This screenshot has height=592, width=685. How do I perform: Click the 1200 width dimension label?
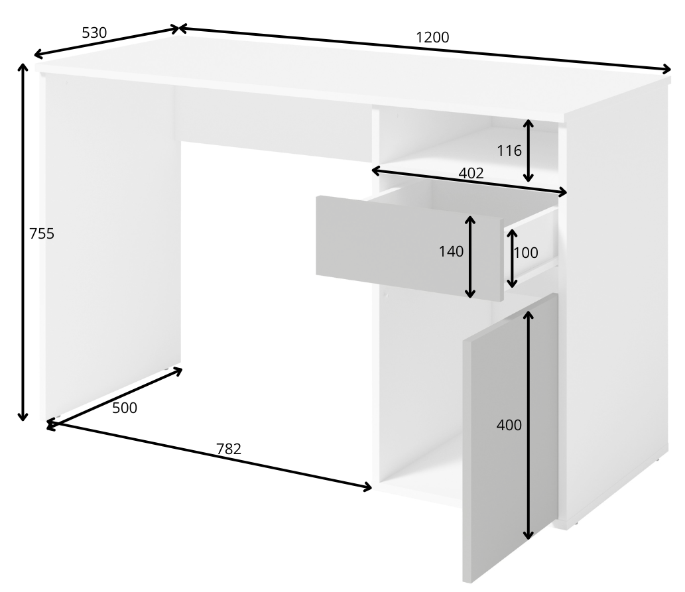(432, 38)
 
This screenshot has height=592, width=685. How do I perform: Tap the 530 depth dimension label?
(94, 32)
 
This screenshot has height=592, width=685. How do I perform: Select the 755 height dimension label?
(42, 234)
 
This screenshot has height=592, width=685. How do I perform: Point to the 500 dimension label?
(125, 408)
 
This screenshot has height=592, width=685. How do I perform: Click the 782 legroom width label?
(229, 449)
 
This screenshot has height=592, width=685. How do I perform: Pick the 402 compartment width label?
(471, 174)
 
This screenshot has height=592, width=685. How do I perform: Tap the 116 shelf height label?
(509, 150)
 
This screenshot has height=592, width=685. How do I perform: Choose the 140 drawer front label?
(451, 252)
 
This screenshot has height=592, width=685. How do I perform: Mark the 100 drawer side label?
(526, 253)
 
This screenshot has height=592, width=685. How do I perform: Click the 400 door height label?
(509, 425)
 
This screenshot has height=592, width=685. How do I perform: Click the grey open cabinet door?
(510, 437)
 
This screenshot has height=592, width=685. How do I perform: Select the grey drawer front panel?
(410, 248)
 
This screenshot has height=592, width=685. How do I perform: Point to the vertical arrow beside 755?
(23, 242)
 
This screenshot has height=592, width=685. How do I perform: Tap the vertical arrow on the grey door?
(529, 425)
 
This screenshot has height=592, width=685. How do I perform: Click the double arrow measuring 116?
(529, 150)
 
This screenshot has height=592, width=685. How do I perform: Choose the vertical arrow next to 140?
(470, 257)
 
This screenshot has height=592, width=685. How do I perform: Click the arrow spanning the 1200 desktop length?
(424, 48)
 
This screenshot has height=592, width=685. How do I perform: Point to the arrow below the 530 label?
(106, 42)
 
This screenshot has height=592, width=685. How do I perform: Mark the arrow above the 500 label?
(115, 397)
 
